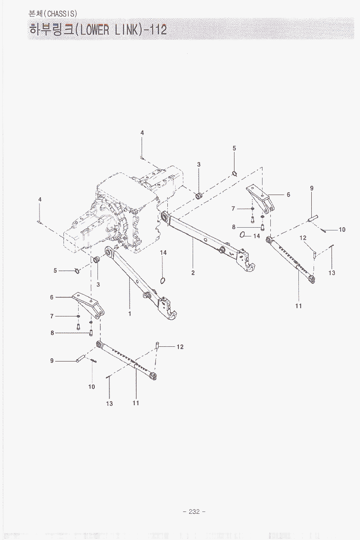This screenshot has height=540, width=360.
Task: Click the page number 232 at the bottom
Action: point(194,511)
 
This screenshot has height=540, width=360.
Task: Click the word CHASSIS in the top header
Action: point(62,13)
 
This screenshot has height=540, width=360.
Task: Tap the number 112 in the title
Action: point(157,30)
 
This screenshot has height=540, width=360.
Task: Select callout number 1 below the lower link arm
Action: point(130,314)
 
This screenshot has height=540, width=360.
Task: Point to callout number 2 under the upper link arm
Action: point(193,273)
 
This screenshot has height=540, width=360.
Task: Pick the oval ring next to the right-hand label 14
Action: point(243,235)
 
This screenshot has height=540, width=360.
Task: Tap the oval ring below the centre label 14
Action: point(163,280)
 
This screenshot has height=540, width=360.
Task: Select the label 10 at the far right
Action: point(342,230)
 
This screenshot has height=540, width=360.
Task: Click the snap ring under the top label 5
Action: point(234,173)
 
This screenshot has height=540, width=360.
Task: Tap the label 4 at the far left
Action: point(40,200)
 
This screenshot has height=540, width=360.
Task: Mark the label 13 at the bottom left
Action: point(109,404)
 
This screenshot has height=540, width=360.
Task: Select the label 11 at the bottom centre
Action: point(136,403)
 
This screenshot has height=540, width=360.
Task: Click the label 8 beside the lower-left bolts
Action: point(52,333)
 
